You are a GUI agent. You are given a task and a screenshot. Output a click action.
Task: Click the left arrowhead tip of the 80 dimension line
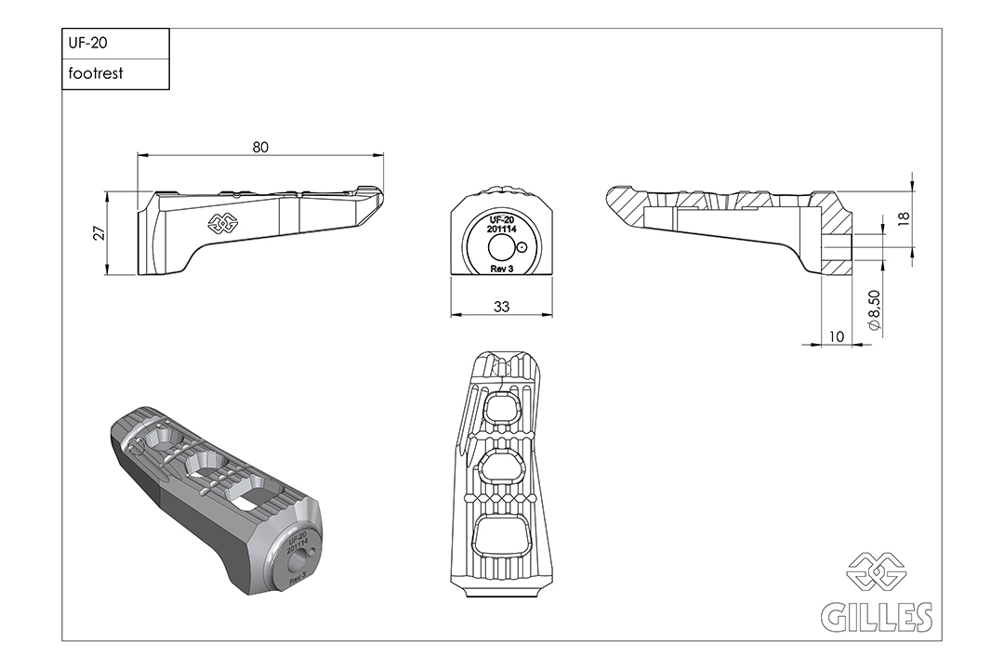coord(139,155)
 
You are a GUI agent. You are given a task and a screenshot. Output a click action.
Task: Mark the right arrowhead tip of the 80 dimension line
coord(384,155)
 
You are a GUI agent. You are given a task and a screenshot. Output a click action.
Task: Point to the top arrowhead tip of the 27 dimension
coord(106,191)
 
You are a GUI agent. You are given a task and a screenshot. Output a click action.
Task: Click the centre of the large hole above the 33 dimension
coord(501,247)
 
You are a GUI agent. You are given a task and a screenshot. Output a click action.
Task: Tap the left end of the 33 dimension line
coord(451,314)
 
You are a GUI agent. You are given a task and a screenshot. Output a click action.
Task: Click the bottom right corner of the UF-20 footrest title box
coord(169,89)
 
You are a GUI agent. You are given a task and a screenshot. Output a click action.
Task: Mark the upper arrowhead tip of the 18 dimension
coord(912,190)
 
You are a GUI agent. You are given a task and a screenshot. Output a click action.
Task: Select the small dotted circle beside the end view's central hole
coord(522,246)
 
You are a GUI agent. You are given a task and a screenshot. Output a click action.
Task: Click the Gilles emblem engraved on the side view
coord(222,222)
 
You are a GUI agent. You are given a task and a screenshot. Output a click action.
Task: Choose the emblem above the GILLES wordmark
coord(876,571)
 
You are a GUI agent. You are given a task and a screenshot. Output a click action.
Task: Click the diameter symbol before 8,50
coord(876,325)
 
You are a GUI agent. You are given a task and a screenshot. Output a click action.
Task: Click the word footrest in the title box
coord(96,73)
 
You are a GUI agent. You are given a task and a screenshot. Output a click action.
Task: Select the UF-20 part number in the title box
coord(87,43)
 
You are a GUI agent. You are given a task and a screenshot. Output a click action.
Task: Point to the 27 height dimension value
coord(99,233)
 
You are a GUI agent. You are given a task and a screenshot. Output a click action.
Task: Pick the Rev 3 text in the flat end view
coord(501,269)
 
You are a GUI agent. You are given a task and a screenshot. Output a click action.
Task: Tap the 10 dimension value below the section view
coord(837,336)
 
